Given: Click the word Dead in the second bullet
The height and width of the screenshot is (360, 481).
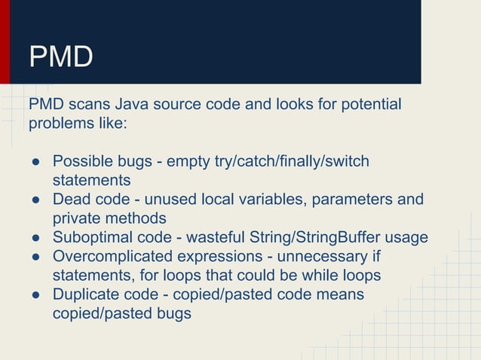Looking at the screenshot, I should tap(70, 200).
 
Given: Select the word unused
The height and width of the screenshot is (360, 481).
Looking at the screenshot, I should tap(194, 200).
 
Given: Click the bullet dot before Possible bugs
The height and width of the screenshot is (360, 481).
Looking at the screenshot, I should tap(35, 162).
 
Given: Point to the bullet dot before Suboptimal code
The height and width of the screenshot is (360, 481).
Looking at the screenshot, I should tap(35, 239).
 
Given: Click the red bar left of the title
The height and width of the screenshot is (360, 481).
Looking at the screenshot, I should tap(5, 41).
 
